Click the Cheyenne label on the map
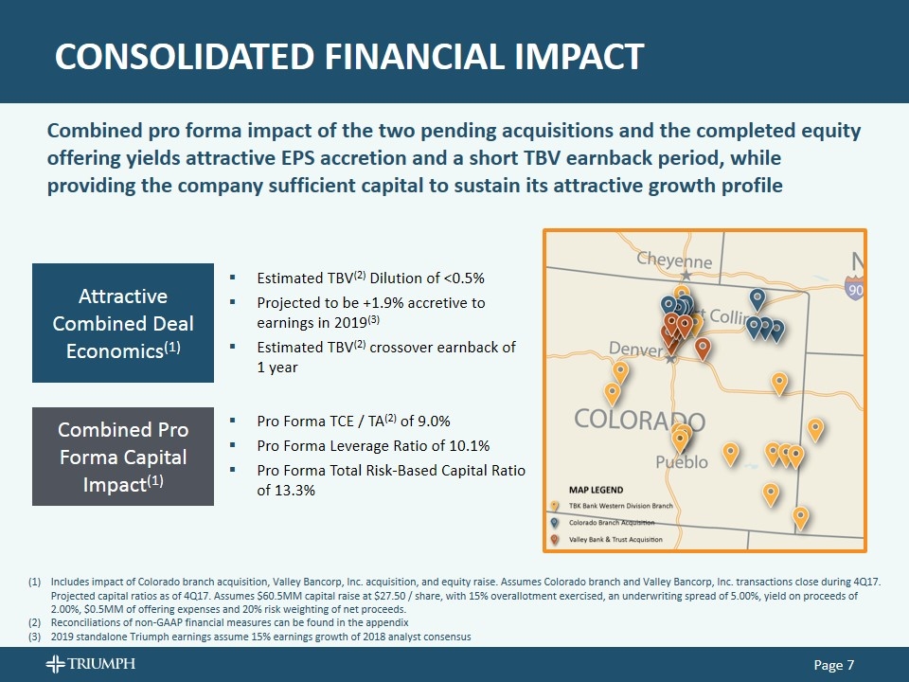click(673, 260)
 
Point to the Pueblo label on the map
click(682, 462)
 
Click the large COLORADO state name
click(639, 421)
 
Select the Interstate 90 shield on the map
click(856, 290)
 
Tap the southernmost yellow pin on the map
click(800, 517)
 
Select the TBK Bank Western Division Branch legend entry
click(620, 507)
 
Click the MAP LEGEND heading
click(596, 490)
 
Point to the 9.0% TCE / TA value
click(431, 422)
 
